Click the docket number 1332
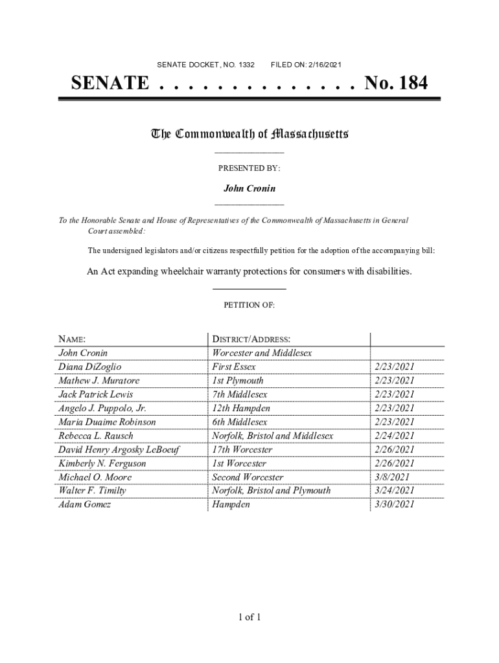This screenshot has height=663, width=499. click(246, 65)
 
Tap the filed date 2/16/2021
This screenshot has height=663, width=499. click(323, 65)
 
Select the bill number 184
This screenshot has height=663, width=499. click(410, 84)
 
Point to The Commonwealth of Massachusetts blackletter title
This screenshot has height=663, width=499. click(250, 134)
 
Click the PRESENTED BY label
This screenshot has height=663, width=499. click(249, 168)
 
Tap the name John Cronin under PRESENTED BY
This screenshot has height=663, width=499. click(250, 188)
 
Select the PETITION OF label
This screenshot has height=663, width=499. click(250, 305)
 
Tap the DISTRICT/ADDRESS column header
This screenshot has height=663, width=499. click(251, 339)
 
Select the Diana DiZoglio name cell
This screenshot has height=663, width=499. click(89, 367)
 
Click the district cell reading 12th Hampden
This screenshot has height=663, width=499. click(241, 409)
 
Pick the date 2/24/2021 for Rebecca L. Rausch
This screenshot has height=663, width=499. click(394, 436)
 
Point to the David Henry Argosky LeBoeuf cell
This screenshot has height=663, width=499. click(119, 450)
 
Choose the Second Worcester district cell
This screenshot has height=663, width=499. click(248, 477)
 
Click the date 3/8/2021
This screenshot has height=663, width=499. click(391, 477)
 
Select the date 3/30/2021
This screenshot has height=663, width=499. click(394, 505)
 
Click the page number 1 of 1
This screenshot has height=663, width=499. click(250, 617)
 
